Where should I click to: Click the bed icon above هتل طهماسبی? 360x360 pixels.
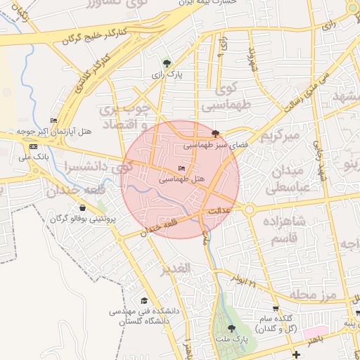(183, 169)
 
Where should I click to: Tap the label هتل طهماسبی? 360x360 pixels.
(181, 179)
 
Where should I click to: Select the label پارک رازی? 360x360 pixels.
(166, 73)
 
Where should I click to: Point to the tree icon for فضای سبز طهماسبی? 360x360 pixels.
(215, 133)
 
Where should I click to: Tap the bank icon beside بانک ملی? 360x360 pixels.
(34, 146)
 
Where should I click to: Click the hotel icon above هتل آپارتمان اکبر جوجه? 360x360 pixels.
(54, 121)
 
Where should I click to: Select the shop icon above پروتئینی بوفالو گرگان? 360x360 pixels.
(83, 208)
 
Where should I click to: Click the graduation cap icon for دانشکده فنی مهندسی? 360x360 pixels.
(144, 300)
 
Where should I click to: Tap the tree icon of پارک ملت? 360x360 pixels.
(231, 329)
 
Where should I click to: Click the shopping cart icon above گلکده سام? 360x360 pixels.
(276, 308)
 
